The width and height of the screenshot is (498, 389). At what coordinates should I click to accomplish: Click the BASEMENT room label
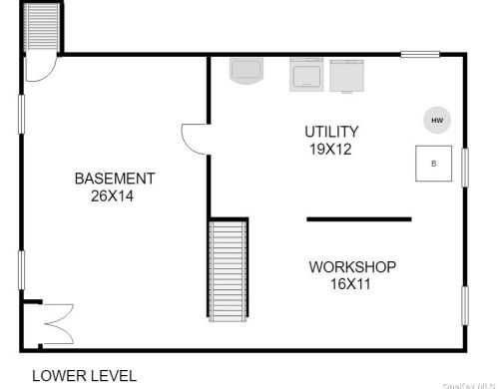tap(115, 179)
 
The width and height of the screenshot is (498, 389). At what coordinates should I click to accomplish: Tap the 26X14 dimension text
tap(112, 195)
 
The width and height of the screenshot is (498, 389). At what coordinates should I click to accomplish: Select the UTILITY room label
tap(331, 132)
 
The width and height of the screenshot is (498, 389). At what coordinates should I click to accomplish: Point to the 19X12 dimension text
tap(330, 149)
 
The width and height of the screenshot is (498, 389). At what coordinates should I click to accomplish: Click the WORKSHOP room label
tap(352, 267)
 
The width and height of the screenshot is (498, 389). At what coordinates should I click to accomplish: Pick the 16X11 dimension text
tap(350, 284)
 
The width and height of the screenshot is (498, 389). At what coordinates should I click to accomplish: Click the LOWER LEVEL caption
tap(84, 376)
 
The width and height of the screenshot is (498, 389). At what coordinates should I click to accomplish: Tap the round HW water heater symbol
tap(437, 120)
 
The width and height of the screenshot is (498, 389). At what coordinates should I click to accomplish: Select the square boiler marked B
tap(433, 164)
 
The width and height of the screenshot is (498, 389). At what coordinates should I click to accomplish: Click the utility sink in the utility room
tap(247, 71)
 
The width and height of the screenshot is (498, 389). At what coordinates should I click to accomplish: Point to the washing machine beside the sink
tap(306, 75)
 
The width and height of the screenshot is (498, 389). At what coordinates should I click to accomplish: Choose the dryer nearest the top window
tap(346, 76)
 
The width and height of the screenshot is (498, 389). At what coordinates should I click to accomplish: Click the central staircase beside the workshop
tap(228, 270)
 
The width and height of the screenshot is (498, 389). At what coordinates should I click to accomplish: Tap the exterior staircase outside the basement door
tap(42, 27)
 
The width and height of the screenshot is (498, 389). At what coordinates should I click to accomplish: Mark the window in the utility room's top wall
tap(420, 54)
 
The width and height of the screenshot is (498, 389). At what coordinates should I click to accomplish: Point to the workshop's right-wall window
tap(465, 305)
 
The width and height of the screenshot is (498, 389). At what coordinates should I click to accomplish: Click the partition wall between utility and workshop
tap(359, 219)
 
